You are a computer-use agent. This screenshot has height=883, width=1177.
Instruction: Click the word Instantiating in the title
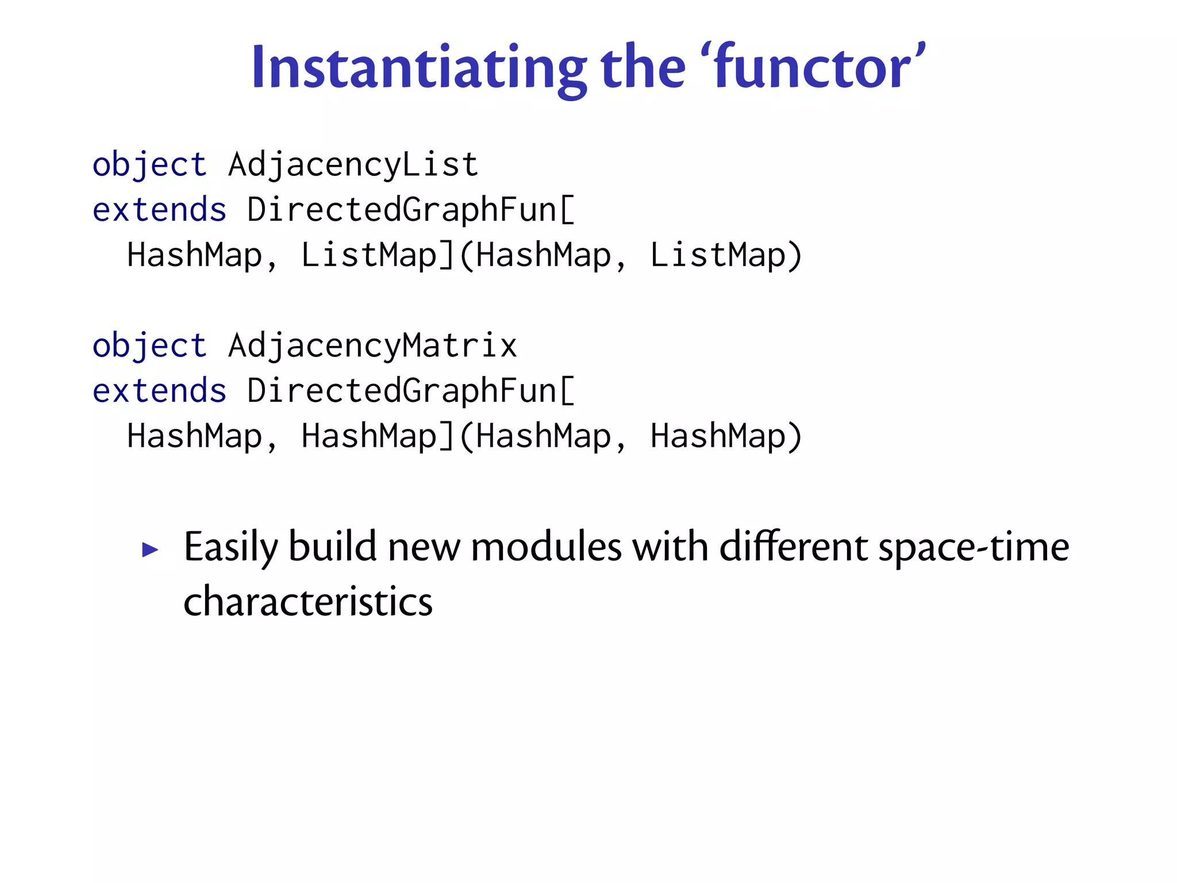coord(419,68)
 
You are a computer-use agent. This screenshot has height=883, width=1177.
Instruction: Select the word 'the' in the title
coord(643,68)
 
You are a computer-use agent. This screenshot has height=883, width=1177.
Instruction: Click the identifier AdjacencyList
coord(353,165)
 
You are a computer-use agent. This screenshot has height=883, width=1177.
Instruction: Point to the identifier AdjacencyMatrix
coord(372,346)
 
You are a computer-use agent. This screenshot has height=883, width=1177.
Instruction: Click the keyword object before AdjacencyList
coord(149,165)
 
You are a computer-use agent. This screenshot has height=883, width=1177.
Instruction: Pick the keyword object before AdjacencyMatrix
coord(149,346)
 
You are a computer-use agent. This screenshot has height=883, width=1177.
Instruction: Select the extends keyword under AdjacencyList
coord(159,210)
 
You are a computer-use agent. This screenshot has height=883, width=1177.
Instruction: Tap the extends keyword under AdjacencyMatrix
coord(159,391)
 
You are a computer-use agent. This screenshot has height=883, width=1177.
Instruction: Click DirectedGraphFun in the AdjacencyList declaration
coord(402,210)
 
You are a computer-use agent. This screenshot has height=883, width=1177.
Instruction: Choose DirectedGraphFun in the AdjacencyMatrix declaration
coord(402,391)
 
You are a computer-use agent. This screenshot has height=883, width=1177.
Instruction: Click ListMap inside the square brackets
coord(368,255)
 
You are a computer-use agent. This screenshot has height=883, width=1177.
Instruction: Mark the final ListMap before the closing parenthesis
coord(717,255)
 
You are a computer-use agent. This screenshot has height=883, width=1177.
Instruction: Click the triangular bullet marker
coord(150,550)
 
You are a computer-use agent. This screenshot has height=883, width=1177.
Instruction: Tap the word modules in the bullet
coord(546,547)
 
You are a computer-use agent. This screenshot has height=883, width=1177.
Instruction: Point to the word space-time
coord(974,547)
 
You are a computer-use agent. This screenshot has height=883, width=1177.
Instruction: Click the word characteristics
coord(308,602)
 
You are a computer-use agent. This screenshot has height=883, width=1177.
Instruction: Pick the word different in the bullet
coord(794,547)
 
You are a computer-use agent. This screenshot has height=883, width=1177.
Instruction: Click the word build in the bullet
coord(333,547)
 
